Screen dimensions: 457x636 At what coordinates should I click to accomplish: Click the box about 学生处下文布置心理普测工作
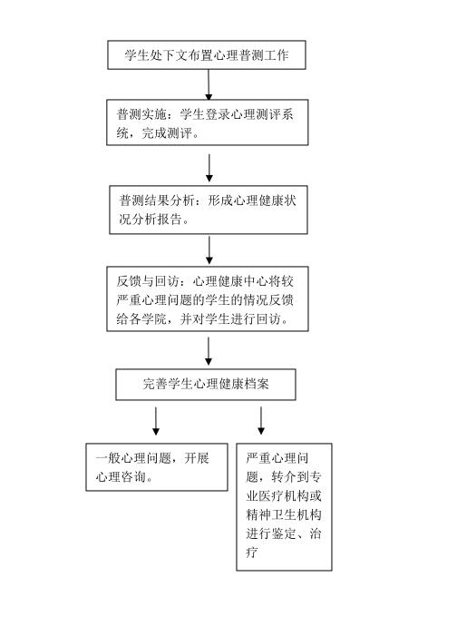click(207, 54)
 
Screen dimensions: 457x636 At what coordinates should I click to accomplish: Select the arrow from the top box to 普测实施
click(209, 84)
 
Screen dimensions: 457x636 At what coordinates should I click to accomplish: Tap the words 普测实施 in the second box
click(141, 114)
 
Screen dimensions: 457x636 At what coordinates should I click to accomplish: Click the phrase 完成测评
click(167, 132)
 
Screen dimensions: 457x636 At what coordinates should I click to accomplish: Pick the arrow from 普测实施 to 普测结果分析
click(209, 168)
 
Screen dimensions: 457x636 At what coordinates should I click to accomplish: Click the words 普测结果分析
click(156, 201)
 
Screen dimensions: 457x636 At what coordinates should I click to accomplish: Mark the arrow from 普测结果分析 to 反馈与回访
click(209, 250)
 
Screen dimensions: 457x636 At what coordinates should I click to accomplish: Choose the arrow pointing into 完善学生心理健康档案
click(209, 351)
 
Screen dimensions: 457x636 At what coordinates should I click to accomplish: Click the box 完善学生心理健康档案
click(206, 385)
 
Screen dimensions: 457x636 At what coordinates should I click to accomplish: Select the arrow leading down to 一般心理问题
click(156, 422)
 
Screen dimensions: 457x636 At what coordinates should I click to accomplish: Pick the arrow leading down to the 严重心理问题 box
click(261, 421)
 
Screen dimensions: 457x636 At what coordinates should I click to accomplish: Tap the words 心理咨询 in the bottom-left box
click(121, 476)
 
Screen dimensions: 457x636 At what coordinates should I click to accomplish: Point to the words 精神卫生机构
click(284, 514)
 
